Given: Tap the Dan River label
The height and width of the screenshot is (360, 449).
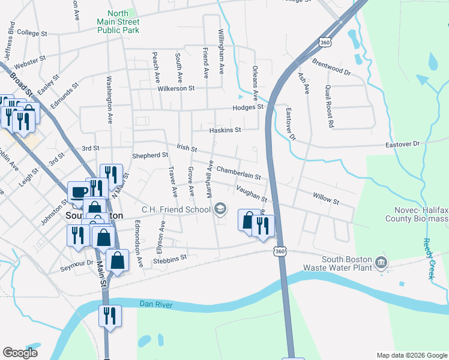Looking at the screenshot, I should (x=155, y=305).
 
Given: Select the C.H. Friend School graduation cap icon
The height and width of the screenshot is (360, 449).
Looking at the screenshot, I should (x=220, y=209).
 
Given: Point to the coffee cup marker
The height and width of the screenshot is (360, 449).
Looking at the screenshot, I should (x=79, y=192).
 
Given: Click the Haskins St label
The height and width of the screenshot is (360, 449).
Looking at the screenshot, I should (x=225, y=130).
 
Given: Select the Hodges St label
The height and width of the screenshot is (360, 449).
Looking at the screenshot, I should (x=249, y=107).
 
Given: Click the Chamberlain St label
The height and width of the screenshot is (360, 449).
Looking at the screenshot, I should (x=238, y=173).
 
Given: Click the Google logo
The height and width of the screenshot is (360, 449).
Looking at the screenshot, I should (x=20, y=353).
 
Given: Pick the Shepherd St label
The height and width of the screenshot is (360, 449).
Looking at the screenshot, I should (x=150, y=155).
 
